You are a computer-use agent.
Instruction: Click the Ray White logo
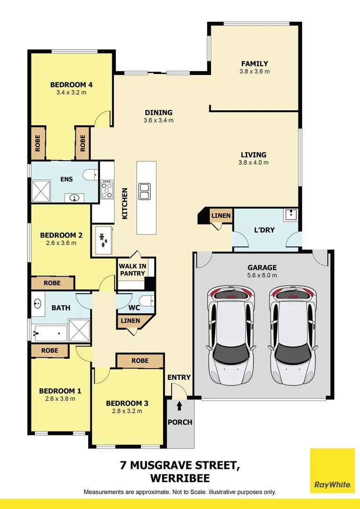[x=332, y=471]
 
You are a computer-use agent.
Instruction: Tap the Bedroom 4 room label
[x=72, y=85]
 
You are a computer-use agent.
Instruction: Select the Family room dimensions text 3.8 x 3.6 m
[x=254, y=72]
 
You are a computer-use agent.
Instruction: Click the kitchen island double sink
[x=144, y=191]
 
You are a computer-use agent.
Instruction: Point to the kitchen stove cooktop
[x=107, y=190]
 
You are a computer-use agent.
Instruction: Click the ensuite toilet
[x=90, y=175]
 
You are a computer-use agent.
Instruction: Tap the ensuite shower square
[x=41, y=191]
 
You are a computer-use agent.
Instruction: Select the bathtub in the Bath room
[x=50, y=333]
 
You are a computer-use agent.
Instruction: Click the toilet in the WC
[x=149, y=301]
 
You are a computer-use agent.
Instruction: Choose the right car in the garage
[x=293, y=335]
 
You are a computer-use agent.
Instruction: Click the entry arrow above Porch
[x=180, y=406]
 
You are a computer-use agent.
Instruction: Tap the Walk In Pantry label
[x=132, y=270]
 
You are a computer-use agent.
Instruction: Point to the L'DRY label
[x=264, y=230]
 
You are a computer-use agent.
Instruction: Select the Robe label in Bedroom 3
[x=140, y=361]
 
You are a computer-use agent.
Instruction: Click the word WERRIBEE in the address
[x=180, y=478]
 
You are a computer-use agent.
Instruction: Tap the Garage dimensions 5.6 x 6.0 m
[x=262, y=275]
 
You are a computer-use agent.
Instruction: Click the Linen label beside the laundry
[x=221, y=215]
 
